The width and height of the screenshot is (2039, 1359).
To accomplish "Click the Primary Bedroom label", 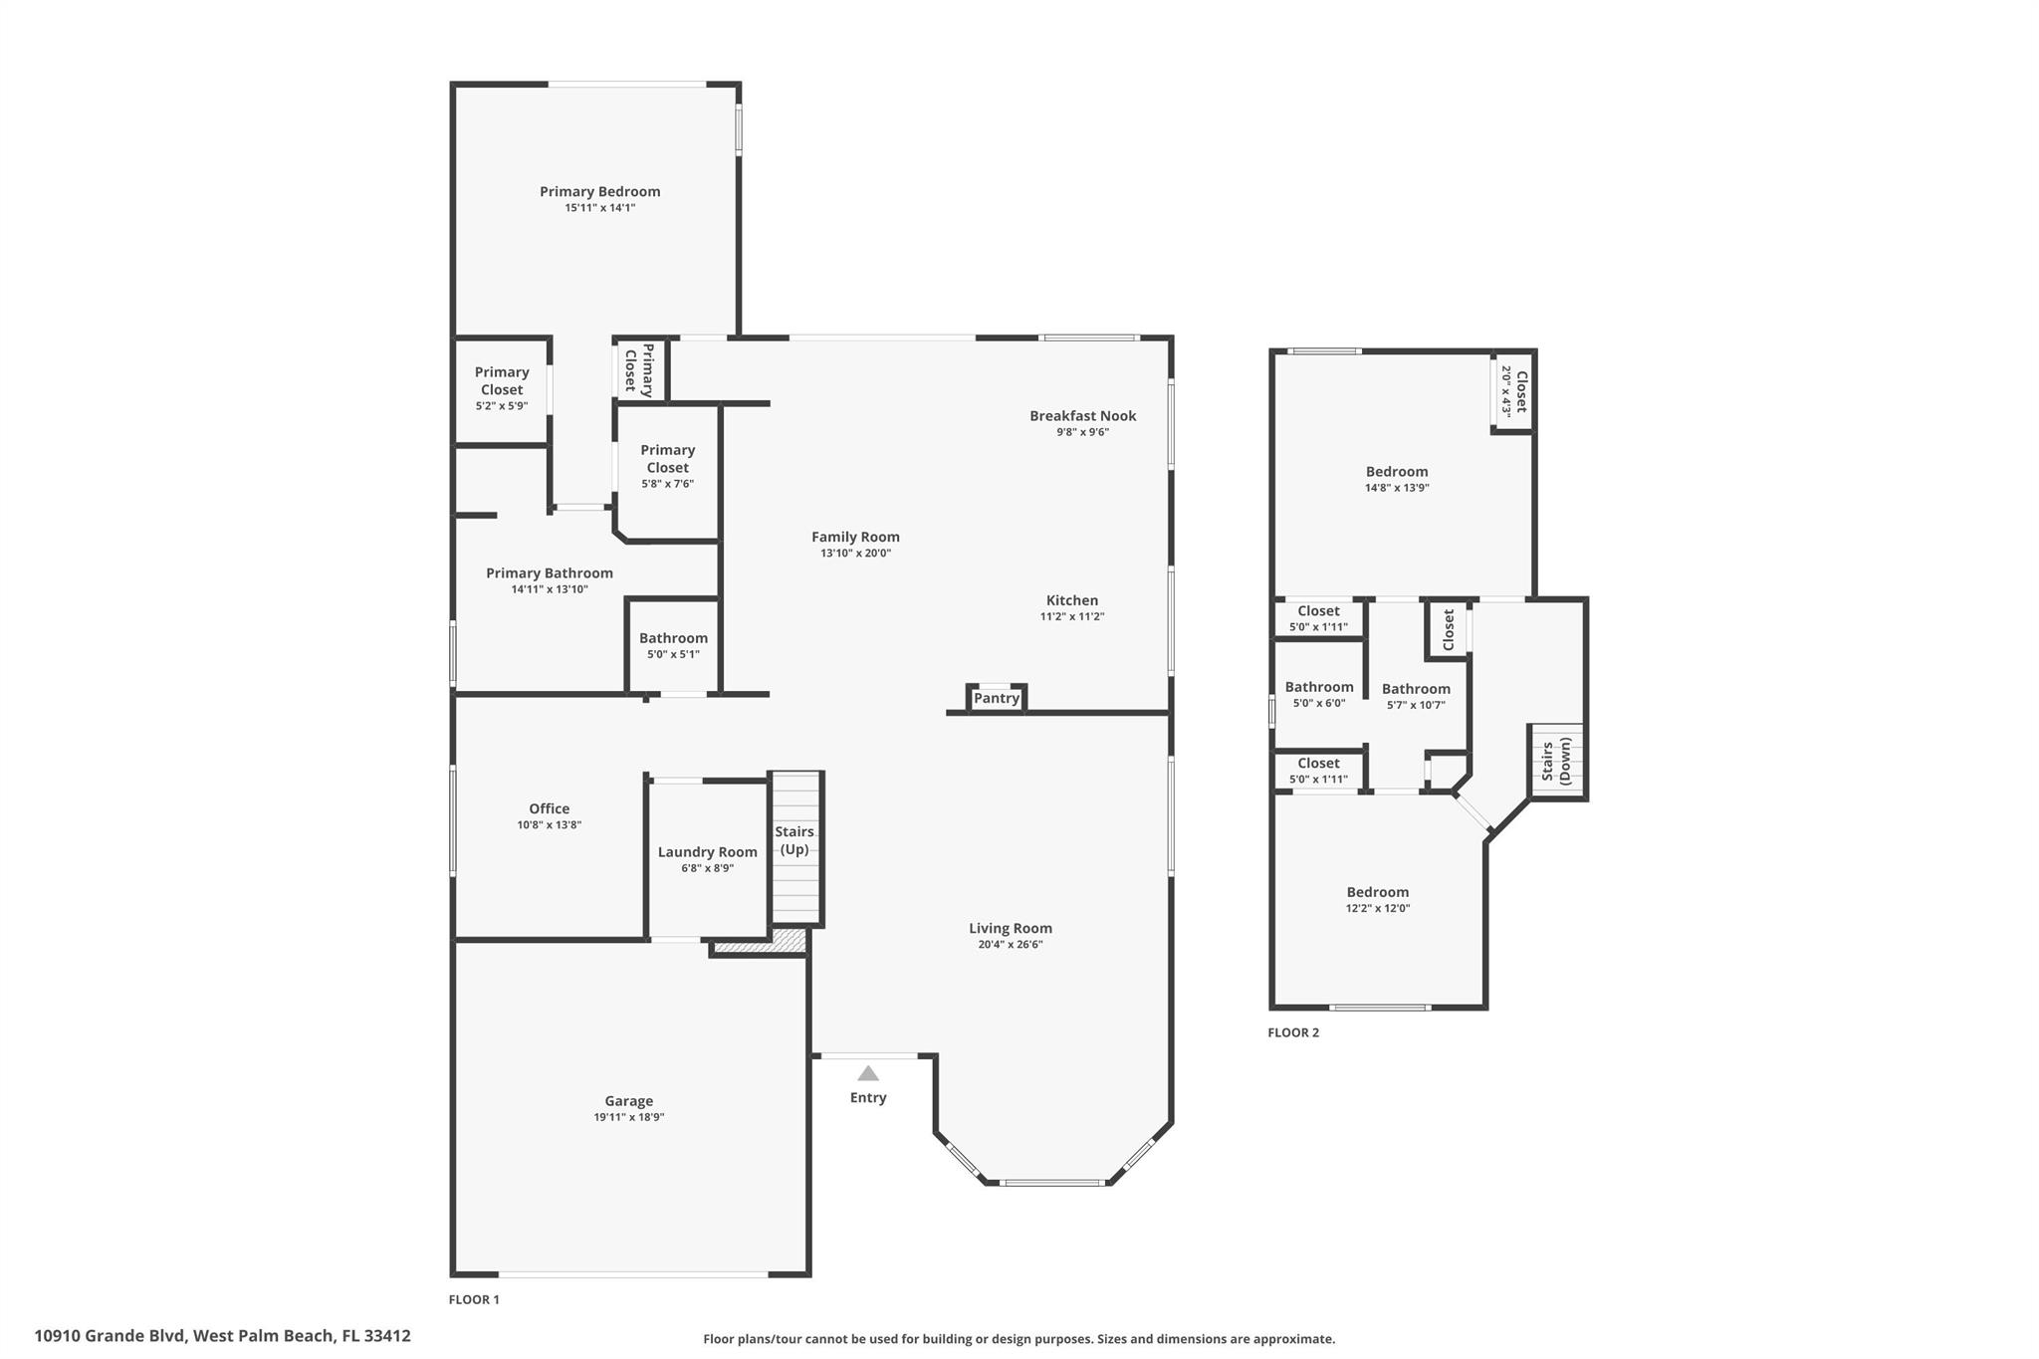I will click(599, 191).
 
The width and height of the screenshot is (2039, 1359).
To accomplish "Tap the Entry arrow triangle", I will click(868, 1073).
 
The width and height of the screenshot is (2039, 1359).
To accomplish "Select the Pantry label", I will click(997, 698).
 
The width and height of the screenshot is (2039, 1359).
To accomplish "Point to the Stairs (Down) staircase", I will click(1556, 761).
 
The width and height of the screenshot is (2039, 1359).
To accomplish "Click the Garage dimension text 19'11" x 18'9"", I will click(628, 1117).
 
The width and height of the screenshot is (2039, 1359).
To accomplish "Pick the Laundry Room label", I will click(707, 852).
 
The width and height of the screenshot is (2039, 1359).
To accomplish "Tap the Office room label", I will click(549, 808).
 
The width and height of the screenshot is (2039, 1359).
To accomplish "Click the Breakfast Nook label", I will click(1082, 416).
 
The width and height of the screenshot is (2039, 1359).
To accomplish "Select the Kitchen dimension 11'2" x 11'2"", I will click(1072, 616).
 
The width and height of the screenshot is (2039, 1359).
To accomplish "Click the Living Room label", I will click(1010, 928).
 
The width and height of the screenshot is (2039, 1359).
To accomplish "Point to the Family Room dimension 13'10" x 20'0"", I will click(855, 553).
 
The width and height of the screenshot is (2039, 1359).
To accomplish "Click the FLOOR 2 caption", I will click(1292, 1032).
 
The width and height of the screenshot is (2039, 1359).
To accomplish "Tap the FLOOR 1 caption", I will click(474, 1299).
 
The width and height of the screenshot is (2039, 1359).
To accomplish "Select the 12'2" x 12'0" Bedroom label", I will click(1377, 892).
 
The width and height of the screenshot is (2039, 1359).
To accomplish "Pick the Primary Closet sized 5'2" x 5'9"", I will click(501, 388).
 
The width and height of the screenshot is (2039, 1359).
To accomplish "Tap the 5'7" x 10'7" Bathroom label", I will click(1415, 689).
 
